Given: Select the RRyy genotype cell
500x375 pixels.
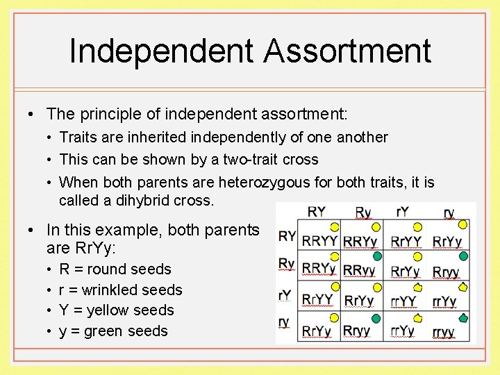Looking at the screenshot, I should click(x=359, y=272).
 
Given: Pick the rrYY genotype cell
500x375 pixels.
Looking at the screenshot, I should click(x=403, y=301).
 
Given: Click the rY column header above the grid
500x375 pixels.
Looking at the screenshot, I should click(x=402, y=212).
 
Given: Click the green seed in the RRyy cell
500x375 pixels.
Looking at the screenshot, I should click(x=377, y=256).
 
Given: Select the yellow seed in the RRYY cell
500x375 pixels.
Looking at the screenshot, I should click(x=335, y=226).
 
